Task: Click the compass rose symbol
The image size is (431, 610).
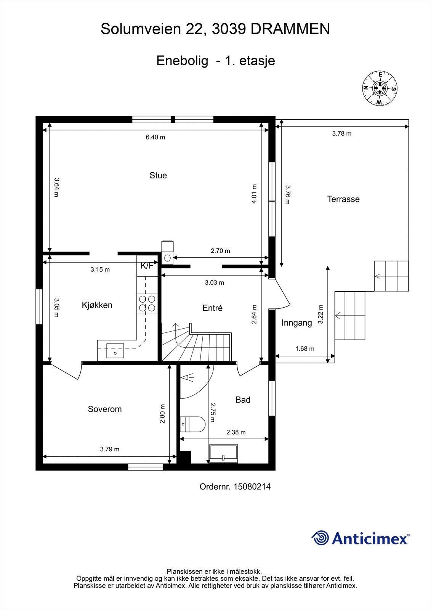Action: (380, 88)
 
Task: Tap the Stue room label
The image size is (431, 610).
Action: (158, 175)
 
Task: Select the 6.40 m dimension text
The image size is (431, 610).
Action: (155, 137)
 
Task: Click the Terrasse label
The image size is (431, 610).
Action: (343, 199)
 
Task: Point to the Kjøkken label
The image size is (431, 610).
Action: (97, 305)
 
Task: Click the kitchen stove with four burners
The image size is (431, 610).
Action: (147, 303)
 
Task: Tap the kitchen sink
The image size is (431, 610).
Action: (115, 350)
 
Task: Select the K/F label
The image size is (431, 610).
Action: (147, 265)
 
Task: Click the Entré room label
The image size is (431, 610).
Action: (213, 308)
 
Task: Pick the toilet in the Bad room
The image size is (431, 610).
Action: (192, 424)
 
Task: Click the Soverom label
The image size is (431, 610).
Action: (105, 409)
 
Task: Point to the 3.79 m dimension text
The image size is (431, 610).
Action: (110, 449)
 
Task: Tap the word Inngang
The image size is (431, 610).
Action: (297, 323)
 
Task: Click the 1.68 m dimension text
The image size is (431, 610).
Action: (305, 348)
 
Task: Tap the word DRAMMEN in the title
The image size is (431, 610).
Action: (290, 29)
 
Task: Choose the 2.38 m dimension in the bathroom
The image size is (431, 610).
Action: (236, 432)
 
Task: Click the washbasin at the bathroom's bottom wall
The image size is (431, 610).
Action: (223, 454)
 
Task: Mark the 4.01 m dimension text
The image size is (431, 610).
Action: (254, 194)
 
